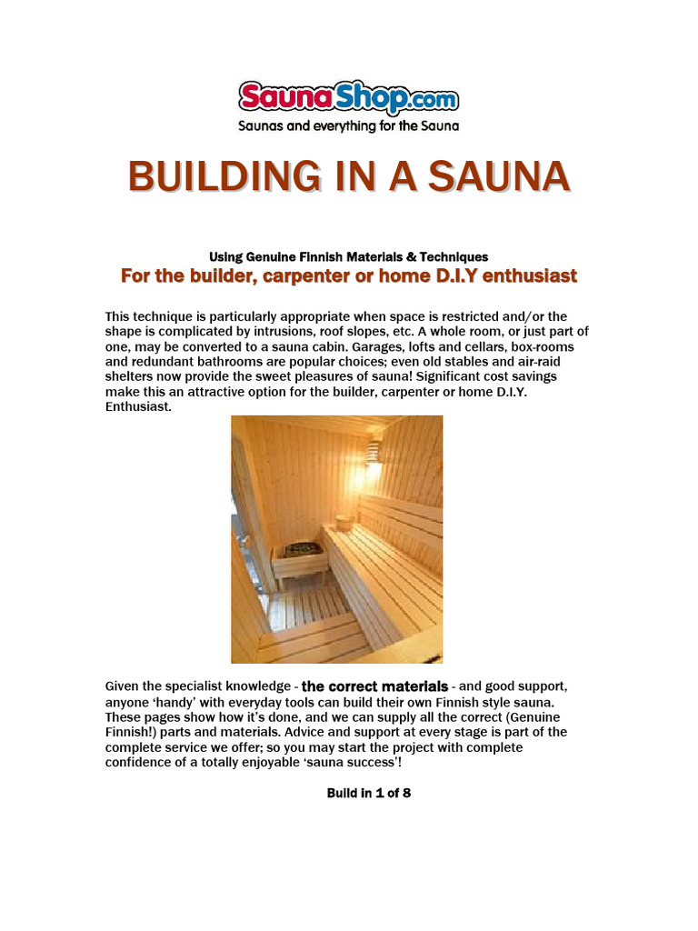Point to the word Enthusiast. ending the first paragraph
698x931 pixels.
[x=138, y=406]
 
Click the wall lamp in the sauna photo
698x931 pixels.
[x=373, y=452]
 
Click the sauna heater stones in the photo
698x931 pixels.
[x=299, y=549]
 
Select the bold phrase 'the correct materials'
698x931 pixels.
[x=374, y=686]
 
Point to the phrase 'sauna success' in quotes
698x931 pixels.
[x=346, y=762]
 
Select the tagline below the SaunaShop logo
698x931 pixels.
[x=348, y=125]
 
